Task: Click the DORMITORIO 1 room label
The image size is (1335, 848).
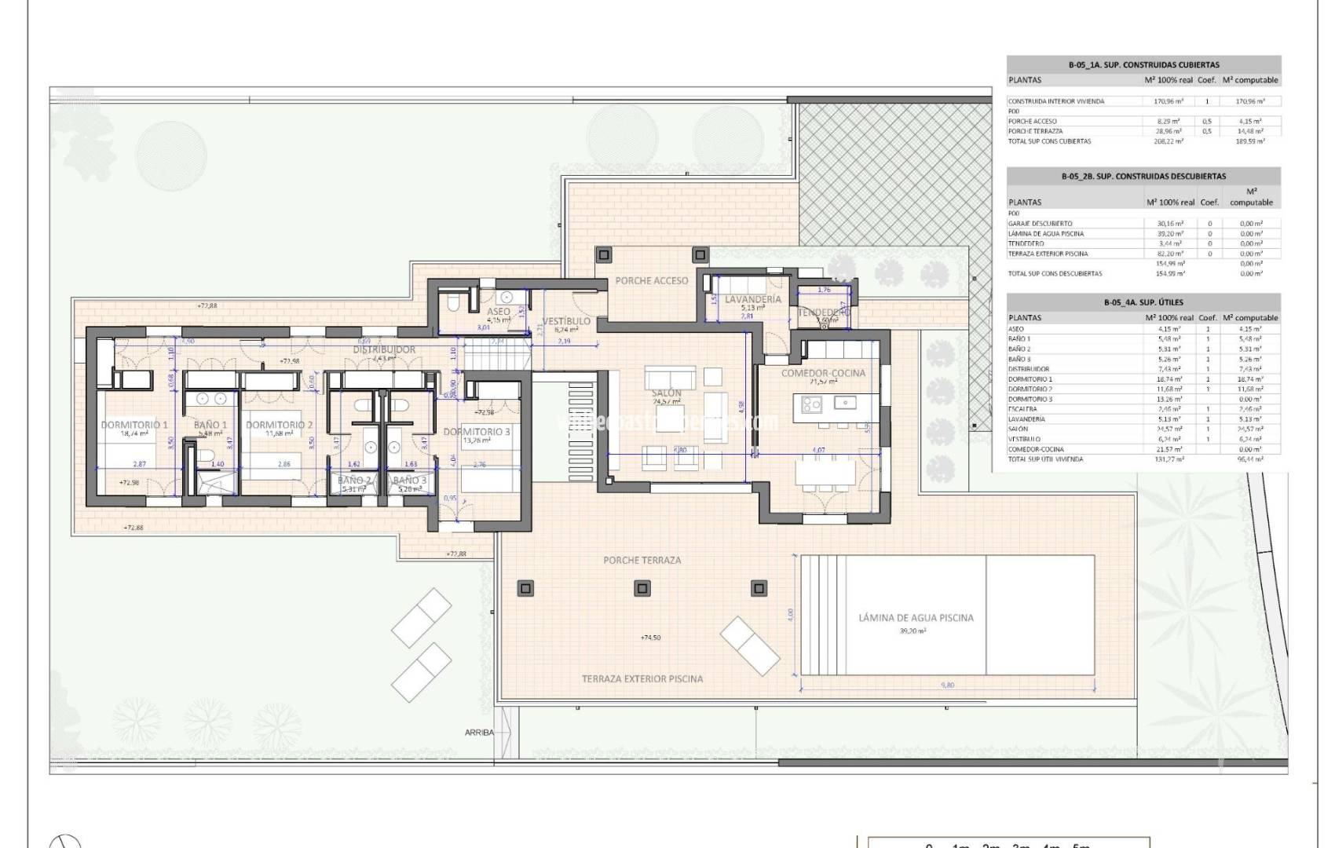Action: tap(134, 425)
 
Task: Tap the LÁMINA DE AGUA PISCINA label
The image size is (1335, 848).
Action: tap(916, 618)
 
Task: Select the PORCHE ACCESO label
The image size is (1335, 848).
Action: tap(651, 280)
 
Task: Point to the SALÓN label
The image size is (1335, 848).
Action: tap(667, 393)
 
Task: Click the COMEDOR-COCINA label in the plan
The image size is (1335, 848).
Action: tap(823, 373)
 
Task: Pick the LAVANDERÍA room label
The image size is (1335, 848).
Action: tap(752, 299)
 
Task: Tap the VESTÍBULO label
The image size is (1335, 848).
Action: tap(566, 321)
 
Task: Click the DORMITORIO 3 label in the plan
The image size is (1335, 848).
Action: tap(476, 432)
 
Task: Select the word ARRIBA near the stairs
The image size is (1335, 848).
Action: tap(479, 732)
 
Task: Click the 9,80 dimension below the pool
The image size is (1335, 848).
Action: tap(947, 685)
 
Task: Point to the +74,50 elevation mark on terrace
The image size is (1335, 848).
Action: tap(650, 638)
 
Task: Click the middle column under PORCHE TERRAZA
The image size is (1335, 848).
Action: tap(642, 588)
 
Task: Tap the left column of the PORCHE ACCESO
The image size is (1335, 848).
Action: tap(604, 255)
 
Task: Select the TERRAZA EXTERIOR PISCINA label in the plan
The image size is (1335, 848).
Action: tap(642, 678)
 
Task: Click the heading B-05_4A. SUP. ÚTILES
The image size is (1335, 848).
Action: tap(1143, 302)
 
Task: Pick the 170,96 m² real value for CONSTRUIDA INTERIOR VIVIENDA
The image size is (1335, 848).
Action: tap(1168, 101)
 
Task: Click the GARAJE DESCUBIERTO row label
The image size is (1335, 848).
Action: tap(1040, 224)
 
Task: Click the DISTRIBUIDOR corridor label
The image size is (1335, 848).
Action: tap(384, 349)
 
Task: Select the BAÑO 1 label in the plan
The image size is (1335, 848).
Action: tap(210, 425)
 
